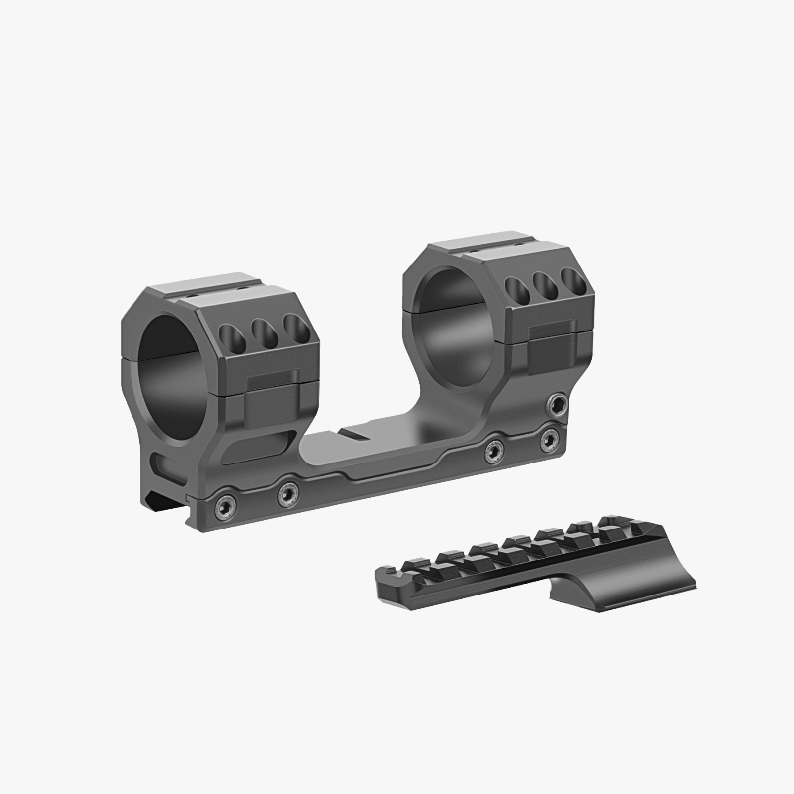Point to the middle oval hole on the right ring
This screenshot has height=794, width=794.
[x=542, y=286]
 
